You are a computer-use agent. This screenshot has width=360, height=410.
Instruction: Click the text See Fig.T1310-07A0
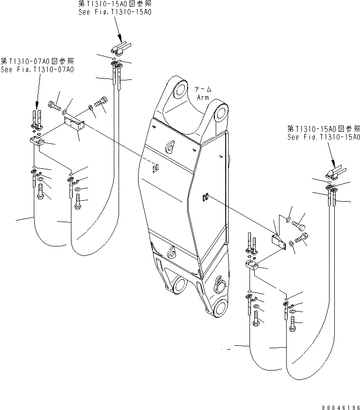click(x=37, y=69)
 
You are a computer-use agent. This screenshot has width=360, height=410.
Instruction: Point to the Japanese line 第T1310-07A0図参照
click(x=37, y=61)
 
